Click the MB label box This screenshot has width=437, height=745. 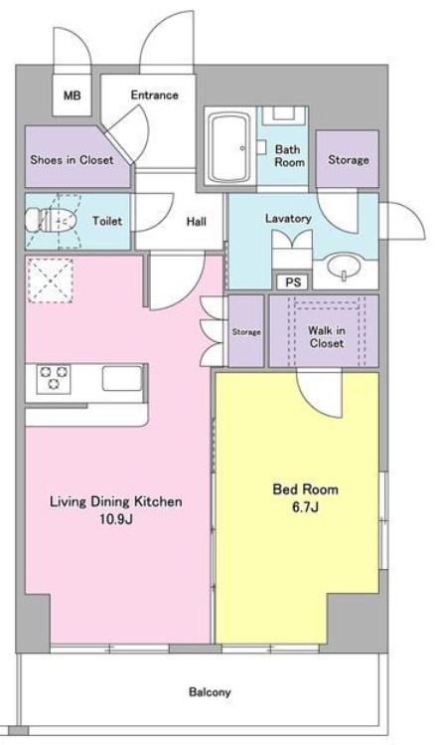coord(72,95)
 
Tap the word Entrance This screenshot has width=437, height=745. coord(155,95)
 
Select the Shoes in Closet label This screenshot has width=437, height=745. coord(72,159)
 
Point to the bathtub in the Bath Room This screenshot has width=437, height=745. coord(229,148)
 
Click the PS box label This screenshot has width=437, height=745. coord(293,282)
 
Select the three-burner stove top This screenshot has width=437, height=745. coord(54,379)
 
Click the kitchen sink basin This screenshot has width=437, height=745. coord(122,378)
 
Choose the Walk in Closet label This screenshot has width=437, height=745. coord(327,337)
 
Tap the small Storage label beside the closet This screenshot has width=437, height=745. coord(246,332)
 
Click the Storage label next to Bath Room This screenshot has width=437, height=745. coord(349,159)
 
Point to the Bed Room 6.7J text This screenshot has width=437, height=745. coord(305,498)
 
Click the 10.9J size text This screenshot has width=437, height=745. coord(116,519)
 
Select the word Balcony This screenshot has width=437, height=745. coord(210,692)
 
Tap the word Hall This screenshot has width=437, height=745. coord(196,222)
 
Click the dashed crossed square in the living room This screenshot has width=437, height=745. coord(50,280)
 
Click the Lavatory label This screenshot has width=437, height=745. coord(288,219)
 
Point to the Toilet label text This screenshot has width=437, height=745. coord(107,221)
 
